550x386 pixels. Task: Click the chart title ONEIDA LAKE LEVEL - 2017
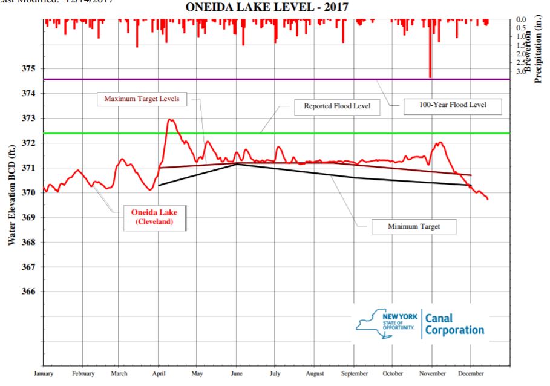click(x=269, y=8)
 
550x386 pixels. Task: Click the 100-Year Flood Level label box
click(x=452, y=106)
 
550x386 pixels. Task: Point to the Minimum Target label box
click(x=413, y=227)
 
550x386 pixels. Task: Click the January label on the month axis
click(x=44, y=373)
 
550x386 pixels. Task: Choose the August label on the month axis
click(x=316, y=373)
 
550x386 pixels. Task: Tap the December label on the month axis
click(x=471, y=373)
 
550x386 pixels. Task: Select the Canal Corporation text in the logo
click(x=454, y=324)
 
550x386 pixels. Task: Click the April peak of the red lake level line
click(x=170, y=120)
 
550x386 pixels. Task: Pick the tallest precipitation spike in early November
click(x=430, y=61)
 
